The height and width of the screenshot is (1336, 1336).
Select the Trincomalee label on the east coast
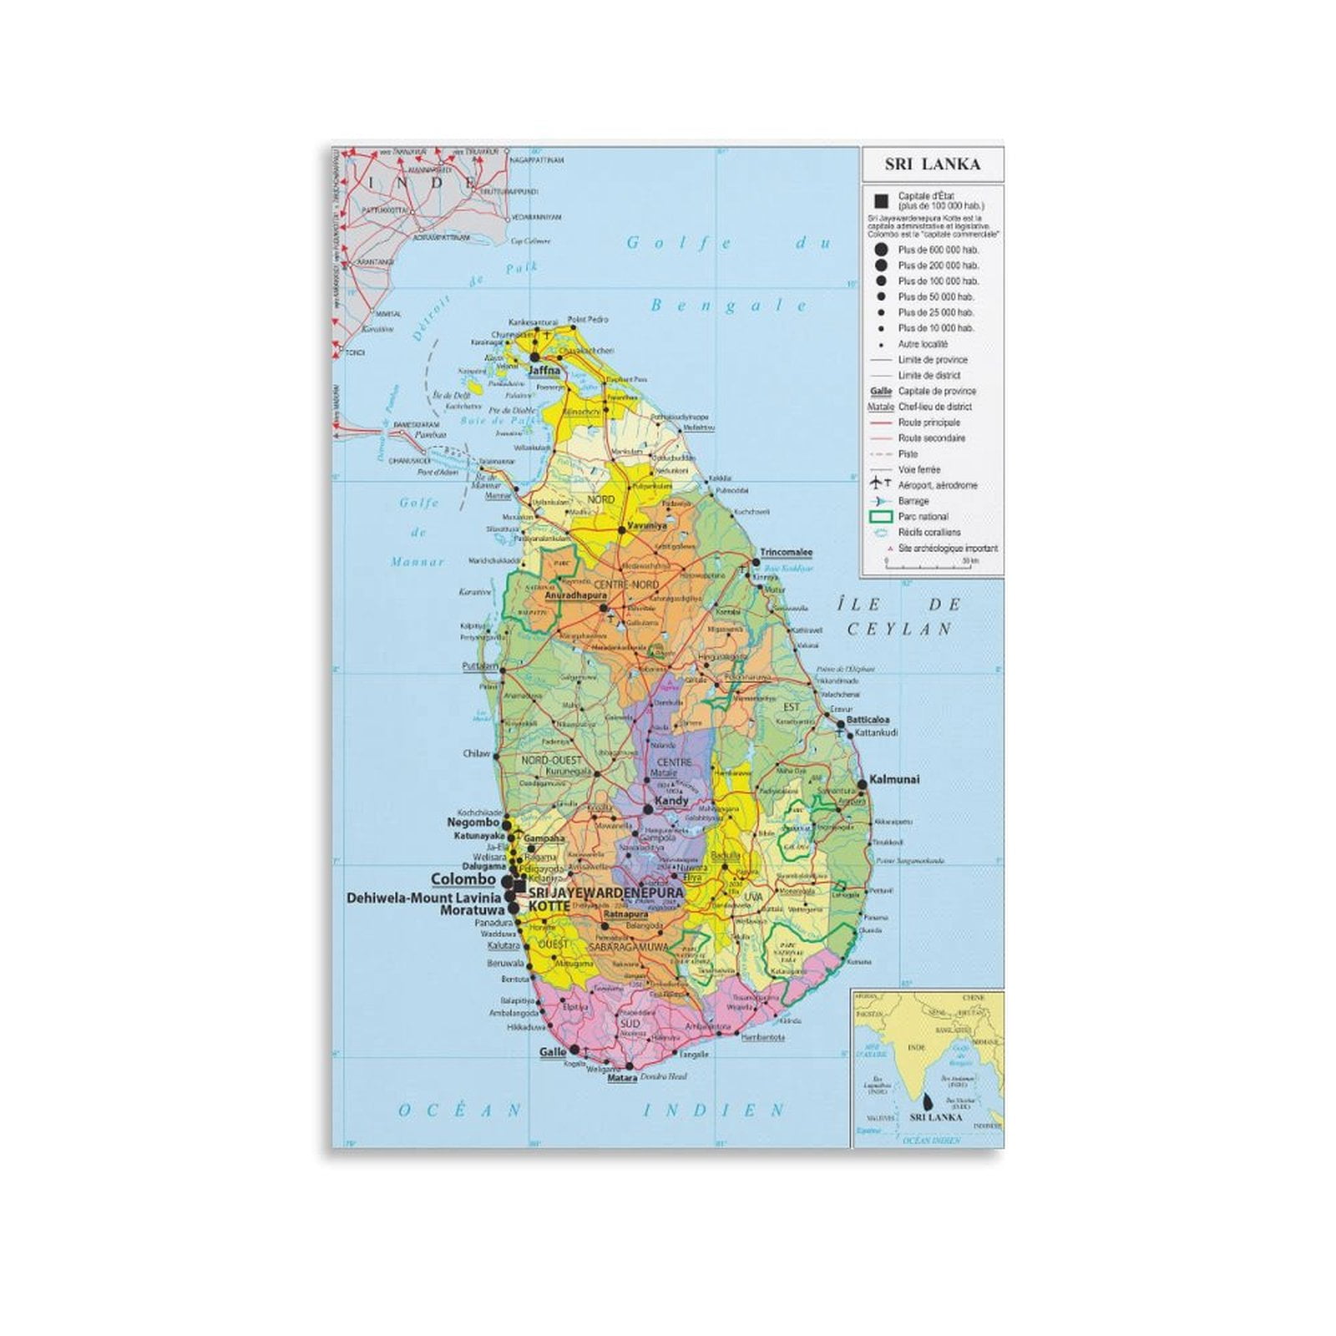click(786, 553)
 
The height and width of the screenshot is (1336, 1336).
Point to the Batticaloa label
click(868, 719)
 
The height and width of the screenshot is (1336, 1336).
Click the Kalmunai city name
click(894, 780)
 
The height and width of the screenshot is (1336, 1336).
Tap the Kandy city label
click(671, 801)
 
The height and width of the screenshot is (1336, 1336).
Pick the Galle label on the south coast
click(553, 1052)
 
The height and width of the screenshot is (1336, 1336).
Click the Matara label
click(622, 1079)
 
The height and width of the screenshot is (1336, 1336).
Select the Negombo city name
click(473, 822)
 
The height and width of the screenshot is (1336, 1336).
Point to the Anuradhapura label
click(574, 597)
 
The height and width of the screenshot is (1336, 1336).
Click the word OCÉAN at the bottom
click(460, 1111)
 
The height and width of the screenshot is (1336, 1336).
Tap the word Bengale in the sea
click(728, 306)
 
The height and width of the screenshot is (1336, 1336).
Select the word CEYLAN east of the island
click(900, 630)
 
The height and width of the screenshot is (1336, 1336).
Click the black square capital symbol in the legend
click(879, 201)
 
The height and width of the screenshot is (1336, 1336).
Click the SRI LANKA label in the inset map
click(935, 1116)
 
